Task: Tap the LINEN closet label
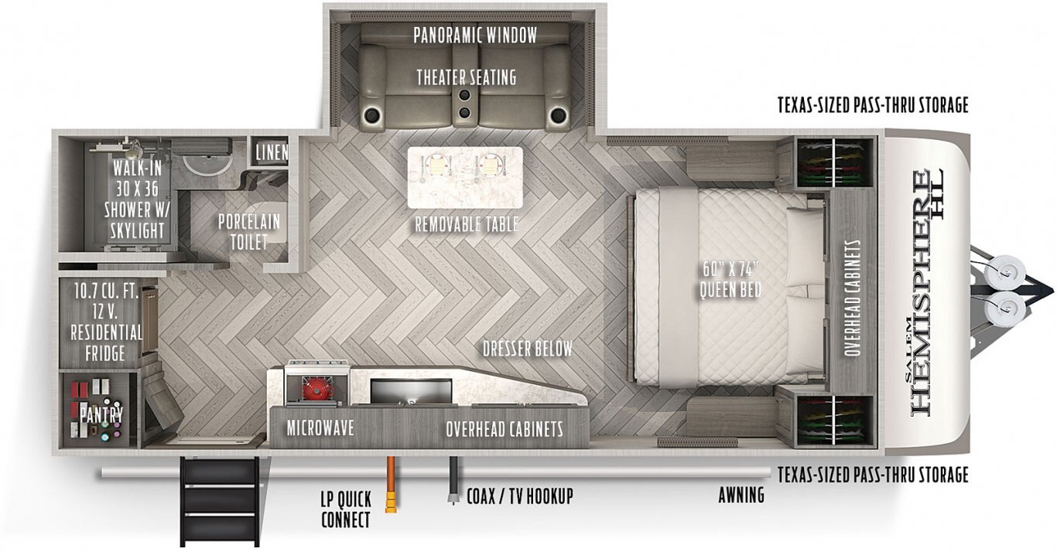coord(272,152)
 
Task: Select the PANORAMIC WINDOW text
coord(475,36)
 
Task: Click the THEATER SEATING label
coord(467,77)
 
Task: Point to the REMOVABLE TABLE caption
coord(467,224)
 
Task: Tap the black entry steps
coord(220,502)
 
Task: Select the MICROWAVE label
coord(320,428)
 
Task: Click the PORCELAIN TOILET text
coord(248,231)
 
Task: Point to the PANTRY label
coord(101,415)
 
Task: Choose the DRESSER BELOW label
coord(528,349)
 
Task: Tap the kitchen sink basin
coord(411,390)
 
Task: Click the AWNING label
coord(741,495)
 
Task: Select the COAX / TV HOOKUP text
coord(520,496)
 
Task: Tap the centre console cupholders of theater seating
coord(465,104)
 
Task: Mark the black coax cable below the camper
coord(453,480)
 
